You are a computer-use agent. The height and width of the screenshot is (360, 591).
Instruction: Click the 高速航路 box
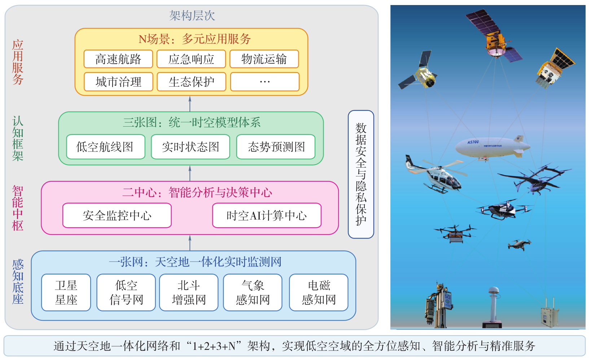point(118,59)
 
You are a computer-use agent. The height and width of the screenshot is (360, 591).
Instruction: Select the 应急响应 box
point(191,59)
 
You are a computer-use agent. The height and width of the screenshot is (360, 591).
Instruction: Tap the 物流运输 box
point(264,59)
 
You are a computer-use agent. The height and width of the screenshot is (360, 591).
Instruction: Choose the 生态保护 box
point(192,82)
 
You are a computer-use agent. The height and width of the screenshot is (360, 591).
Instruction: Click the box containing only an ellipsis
point(265,82)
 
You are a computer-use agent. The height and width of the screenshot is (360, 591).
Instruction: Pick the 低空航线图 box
point(106,147)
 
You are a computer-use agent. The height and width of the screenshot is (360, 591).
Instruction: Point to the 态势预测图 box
point(276,147)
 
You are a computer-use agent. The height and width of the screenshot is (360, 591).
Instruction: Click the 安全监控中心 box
point(117,215)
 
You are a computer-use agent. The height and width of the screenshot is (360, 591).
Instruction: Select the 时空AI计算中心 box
point(267,215)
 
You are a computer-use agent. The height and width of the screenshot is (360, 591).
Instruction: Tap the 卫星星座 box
point(66,293)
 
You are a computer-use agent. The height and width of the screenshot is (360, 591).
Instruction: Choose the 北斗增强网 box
point(189,293)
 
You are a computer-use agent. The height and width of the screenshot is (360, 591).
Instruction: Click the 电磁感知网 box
point(319,293)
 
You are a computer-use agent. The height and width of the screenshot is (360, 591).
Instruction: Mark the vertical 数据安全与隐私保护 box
point(361,174)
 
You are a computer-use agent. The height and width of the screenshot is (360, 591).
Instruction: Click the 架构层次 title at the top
point(192,16)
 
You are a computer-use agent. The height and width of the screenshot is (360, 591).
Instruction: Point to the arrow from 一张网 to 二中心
point(190,243)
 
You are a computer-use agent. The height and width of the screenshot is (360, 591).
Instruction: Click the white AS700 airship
point(492,147)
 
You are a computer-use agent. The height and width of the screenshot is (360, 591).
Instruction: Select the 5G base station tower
point(438,306)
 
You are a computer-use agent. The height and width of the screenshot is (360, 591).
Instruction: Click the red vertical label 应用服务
point(18,62)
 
